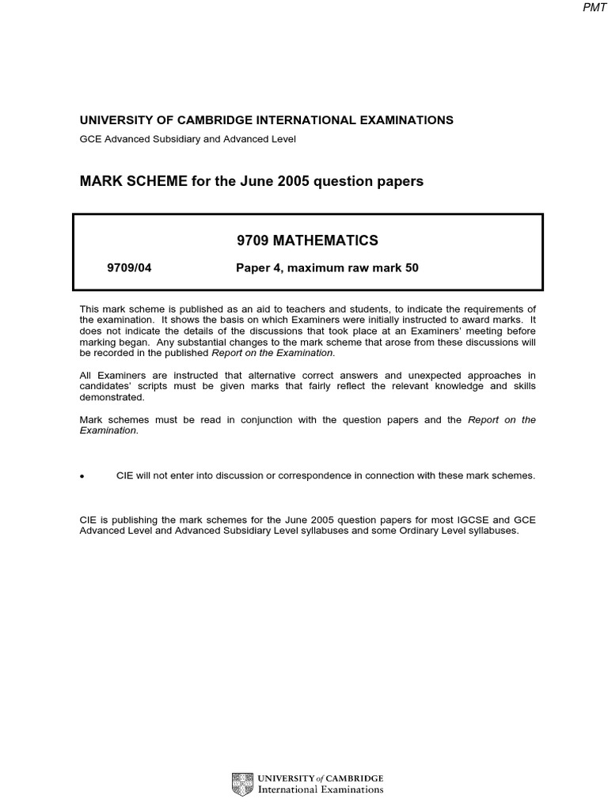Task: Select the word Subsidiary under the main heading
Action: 174,139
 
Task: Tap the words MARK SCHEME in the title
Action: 127,181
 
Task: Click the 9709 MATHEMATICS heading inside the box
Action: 307,240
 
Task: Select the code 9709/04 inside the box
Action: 128,268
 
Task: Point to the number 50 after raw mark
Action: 411,268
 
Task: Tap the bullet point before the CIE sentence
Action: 82,477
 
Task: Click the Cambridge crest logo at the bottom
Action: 242,784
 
